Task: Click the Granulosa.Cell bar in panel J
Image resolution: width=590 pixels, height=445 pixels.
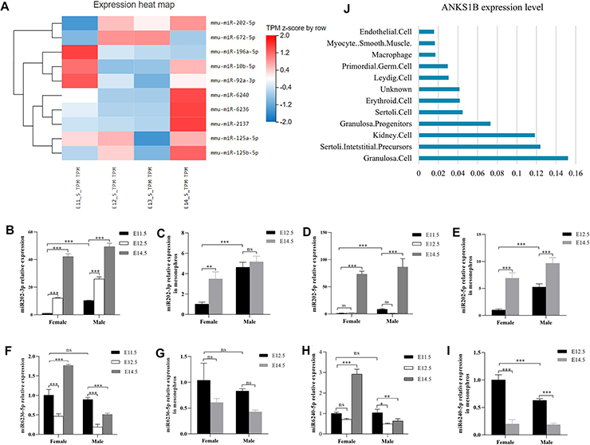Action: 493,159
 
